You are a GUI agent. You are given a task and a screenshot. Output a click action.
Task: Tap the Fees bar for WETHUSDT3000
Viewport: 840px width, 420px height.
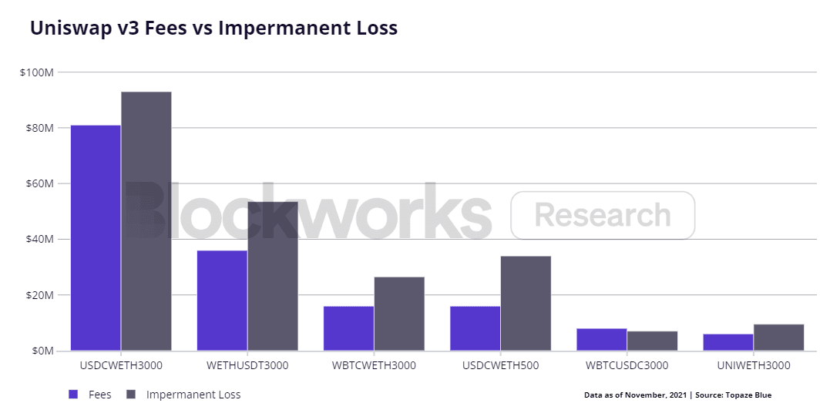tap(222, 301)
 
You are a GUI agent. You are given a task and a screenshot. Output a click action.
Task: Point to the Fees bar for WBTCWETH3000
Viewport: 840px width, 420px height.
tap(348, 328)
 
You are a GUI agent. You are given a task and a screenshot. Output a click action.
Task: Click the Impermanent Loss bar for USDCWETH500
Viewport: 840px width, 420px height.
tap(526, 304)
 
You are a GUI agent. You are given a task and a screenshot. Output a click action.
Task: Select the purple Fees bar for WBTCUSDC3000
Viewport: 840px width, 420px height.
tap(601, 339)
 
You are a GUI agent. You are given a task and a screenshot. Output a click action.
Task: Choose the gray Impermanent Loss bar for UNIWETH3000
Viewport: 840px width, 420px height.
tap(778, 338)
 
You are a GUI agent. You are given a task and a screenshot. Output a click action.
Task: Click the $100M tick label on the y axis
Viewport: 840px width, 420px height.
tap(36, 72)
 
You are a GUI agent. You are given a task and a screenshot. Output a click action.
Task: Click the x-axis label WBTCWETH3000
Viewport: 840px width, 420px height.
tap(374, 365)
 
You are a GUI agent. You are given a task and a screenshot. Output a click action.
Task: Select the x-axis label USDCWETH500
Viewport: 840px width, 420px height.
tap(500, 365)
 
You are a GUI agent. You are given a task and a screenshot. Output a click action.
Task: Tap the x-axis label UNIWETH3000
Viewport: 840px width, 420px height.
tap(753, 365)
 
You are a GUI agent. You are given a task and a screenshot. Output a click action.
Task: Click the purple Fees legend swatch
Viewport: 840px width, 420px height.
tap(73, 395)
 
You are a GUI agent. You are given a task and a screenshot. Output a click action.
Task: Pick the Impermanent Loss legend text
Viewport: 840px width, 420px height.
tap(193, 395)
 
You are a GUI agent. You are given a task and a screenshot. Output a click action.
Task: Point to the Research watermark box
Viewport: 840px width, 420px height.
tap(603, 215)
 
